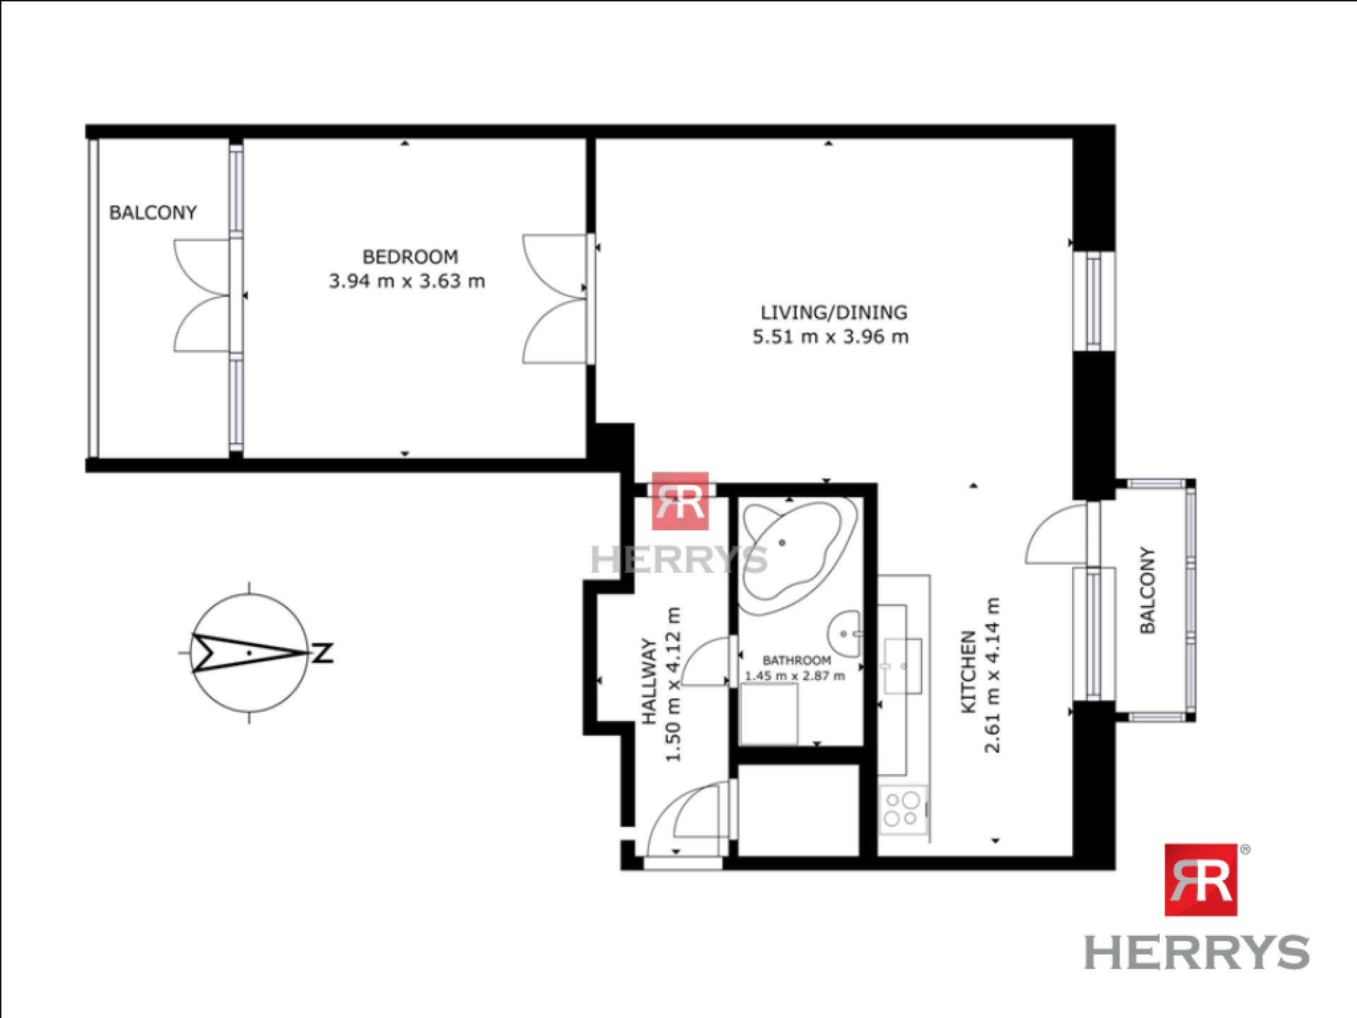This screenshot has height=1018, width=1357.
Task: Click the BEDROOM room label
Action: (x=410, y=256)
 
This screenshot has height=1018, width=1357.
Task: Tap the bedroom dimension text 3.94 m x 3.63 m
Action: (x=407, y=281)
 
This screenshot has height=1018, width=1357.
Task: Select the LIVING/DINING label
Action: (x=834, y=312)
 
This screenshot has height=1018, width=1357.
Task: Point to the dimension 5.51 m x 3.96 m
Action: (x=830, y=337)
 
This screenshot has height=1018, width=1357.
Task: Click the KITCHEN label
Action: (x=968, y=672)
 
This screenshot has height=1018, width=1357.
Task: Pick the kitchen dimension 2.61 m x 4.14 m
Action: (x=993, y=675)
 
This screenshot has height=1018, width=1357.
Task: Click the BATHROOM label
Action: (x=797, y=660)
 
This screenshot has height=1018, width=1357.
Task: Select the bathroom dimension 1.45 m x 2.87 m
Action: (x=795, y=676)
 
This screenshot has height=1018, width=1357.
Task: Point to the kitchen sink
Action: (x=903, y=666)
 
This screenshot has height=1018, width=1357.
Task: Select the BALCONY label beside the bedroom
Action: (x=153, y=212)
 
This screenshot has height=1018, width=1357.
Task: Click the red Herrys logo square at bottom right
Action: (x=1200, y=879)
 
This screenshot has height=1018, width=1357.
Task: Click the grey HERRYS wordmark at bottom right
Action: (x=1197, y=952)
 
